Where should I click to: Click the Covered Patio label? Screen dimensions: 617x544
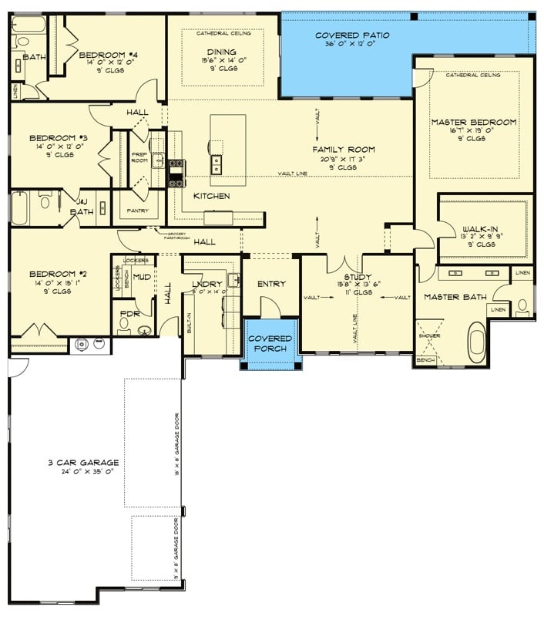coord(352,35)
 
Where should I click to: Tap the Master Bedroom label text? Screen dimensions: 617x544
coord(473,123)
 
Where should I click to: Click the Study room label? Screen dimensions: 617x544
coord(358,278)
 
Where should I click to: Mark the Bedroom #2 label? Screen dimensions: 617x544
coord(48,274)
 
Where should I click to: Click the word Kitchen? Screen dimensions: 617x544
coord(211,196)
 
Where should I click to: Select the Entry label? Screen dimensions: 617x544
coord(271,284)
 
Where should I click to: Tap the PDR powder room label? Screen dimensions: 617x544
coord(128,314)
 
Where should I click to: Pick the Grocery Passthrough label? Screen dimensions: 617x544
coord(173,234)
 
